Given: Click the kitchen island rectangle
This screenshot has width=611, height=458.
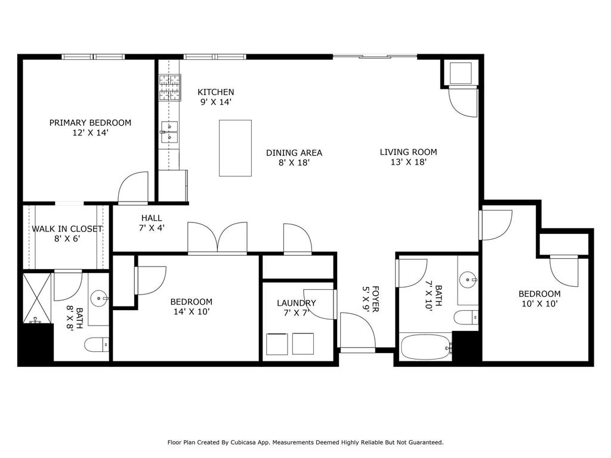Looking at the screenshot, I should tap(235, 148).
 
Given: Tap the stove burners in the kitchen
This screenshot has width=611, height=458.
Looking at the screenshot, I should tap(169, 88).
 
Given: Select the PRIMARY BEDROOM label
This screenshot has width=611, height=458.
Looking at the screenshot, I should tap(90, 123).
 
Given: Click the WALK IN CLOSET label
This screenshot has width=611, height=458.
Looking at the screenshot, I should tap(67, 229).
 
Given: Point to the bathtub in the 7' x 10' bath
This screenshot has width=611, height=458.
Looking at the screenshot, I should tap(426, 347).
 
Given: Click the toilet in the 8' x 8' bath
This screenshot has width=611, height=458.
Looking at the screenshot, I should tap(97, 345).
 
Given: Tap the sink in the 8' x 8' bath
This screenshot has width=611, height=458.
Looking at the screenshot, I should tap(98, 299).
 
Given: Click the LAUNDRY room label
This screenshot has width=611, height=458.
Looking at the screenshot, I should tap(296, 303).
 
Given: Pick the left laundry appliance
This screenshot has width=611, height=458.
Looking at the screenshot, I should tap(276, 343).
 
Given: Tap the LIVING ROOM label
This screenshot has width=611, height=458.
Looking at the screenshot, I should tap(408, 152).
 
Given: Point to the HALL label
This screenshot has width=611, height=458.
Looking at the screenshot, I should tap(152, 218).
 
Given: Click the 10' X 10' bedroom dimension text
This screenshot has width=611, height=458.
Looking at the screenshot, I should tap(539, 304).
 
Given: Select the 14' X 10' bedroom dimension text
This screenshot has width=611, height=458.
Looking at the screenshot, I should tap(191, 311).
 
